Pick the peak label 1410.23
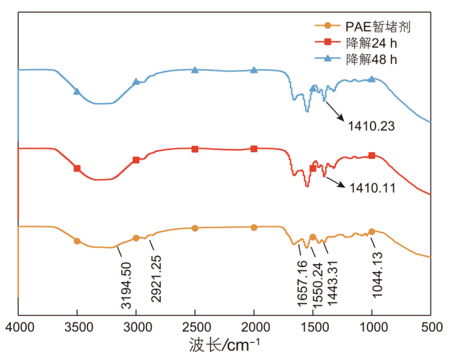coord(370,127)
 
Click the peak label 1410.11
coord(370,185)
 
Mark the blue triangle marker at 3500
coord(77,92)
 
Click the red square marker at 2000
coord(254,149)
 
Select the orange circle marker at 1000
coord(371,232)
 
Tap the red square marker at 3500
coord(77,168)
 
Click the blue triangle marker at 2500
coord(195,70)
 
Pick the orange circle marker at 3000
coord(136,238)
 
